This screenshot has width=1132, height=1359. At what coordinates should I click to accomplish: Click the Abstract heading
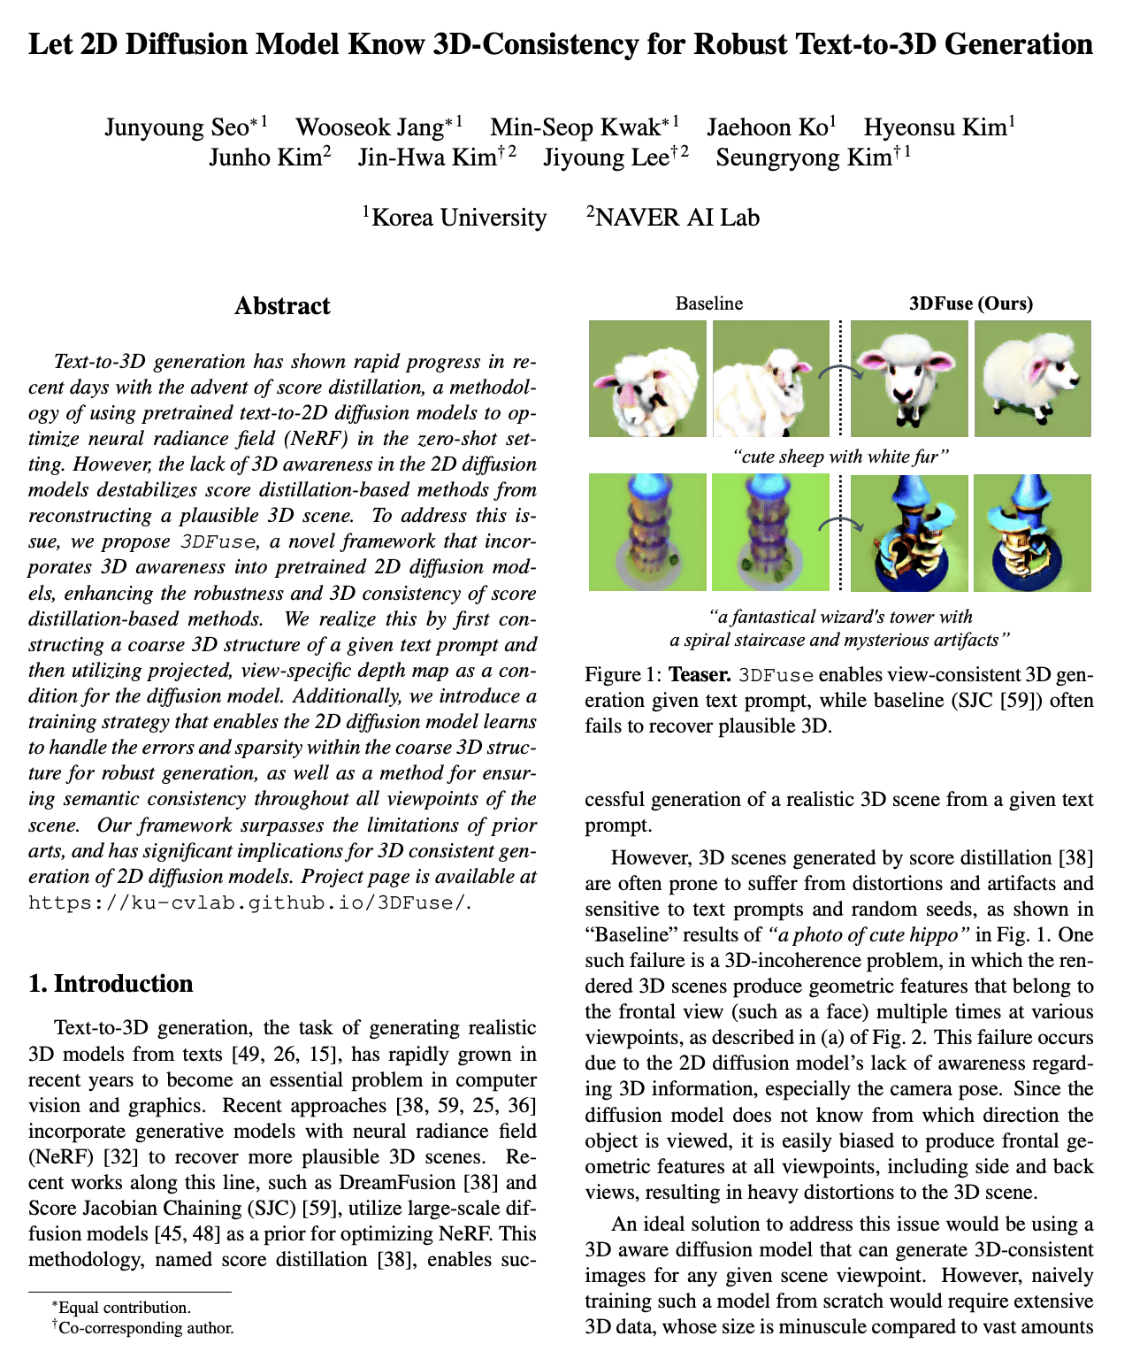point(282,306)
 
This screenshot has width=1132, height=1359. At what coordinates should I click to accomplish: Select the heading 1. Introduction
point(111,984)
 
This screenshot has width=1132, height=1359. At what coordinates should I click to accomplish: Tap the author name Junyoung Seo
point(177,127)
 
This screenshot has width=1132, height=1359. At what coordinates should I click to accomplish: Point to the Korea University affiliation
point(458,218)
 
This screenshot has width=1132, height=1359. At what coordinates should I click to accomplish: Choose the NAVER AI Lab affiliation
point(677,218)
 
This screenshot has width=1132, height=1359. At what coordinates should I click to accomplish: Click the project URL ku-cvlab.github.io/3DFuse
point(247,903)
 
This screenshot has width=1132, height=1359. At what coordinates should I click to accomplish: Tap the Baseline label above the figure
point(709,303)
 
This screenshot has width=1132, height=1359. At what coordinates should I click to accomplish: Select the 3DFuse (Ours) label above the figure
point(971,303)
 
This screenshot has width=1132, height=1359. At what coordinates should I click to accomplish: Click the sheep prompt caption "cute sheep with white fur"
point(840,457)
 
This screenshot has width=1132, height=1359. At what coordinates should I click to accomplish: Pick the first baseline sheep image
point(647,379)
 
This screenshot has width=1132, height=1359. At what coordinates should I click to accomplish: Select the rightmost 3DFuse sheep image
point(1032,379)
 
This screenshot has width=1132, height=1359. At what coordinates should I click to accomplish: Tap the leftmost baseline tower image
point(647,533)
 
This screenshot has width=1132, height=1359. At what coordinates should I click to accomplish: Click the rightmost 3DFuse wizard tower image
point(1032,533)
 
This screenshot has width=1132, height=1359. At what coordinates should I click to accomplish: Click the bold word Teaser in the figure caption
point(700,675)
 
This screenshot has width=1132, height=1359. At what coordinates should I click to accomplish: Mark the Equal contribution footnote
point(125,1307)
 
